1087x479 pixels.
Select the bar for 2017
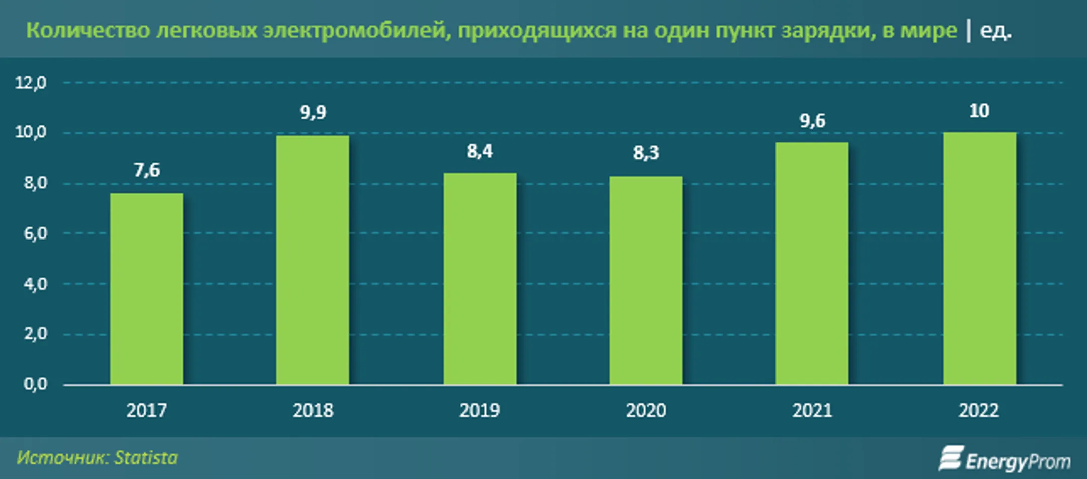(146, 289)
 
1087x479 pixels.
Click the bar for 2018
(313, 260)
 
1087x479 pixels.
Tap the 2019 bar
(480, 279)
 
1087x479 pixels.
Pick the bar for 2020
(646, 280)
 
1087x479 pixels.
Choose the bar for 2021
(812, 264)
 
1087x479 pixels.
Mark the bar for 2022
(979, 259)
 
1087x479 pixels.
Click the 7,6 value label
(146, 170)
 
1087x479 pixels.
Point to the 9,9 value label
(313, 112)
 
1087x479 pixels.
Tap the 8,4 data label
(480, 151)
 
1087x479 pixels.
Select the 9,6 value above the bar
(812, 121)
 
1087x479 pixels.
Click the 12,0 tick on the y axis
(31, 83)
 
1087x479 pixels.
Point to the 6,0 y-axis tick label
(35, 233)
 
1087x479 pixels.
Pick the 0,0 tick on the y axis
(35, 384)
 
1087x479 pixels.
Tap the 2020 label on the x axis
(646, 411)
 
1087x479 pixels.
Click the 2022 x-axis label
(978, 411)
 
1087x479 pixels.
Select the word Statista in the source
(146, 458)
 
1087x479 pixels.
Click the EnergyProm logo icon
(951, 458)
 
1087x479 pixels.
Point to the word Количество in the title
(88, 31)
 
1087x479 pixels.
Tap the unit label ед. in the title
(995, 31)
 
